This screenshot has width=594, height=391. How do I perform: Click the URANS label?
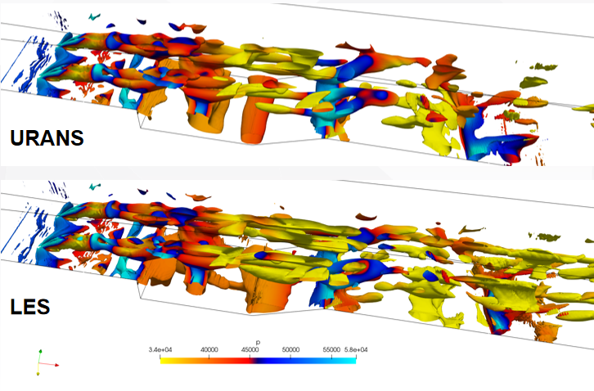pyautogui.click(x=47, y=138)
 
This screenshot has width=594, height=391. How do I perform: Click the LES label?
pyautogui.click(x=30, y=307)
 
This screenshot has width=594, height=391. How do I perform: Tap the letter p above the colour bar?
pyautogui.click(x=258, y=343)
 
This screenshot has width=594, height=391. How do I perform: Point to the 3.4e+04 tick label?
pyautogui.click(x=160, y=350)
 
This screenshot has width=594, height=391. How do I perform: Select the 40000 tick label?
pyautogui.click(x=209, y=350)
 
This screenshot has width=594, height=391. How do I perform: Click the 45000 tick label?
pyautogui.click(x=250, y=350)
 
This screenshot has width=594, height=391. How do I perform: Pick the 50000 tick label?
pyautogui.click(x=290, y=350)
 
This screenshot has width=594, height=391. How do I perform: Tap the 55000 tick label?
pyautogui.click(x=331, y=350)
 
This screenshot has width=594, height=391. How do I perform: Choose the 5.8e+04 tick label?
pyautogui.click(x=356, y=350)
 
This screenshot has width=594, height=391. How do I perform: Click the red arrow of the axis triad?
pyautogui.click(x=49, y=365)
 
